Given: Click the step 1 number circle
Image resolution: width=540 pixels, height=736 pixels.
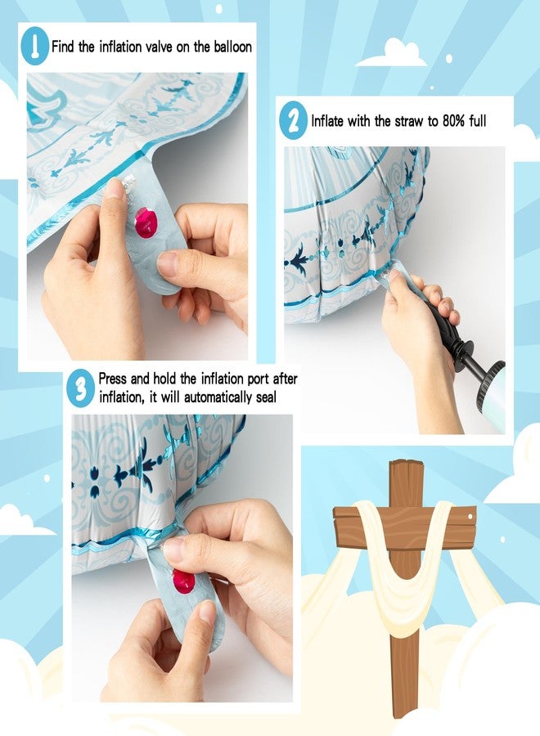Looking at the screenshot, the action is pyautogui.click(x=34, y=46).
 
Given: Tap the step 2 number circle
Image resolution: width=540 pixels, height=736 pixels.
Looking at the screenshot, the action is pyautogui.click(x=293, y=120).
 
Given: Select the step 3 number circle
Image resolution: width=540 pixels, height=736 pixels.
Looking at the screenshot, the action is pyautogui.click(x=82, y=388).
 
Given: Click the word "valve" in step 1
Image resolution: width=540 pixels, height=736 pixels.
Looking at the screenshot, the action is pyautogui.click(x=160, y=47).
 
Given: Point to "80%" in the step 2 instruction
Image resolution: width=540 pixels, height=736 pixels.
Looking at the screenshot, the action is pyautogui.click(x=455, y=121).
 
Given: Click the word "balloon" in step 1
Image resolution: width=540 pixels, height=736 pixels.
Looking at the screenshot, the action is pyautogui.click(x=233, y=47).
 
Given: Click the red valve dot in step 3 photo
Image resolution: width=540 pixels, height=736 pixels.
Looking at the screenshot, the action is pyautogui.click(x=183, y=581).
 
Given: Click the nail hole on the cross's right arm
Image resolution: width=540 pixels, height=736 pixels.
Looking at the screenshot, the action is pyautogui.click(x=469, y=516).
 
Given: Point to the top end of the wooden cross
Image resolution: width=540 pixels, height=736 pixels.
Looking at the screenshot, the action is pyautogui.click(x=407, y=462).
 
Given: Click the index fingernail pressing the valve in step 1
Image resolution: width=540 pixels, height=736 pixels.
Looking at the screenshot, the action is pyautogui.click(x=114, y=189).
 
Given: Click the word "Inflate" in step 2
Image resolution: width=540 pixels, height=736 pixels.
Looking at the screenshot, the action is pyautogui.click(x=327, y=121).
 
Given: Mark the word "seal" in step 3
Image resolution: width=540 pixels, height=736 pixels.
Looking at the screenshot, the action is pyautogui.click(x=266, y=397).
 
